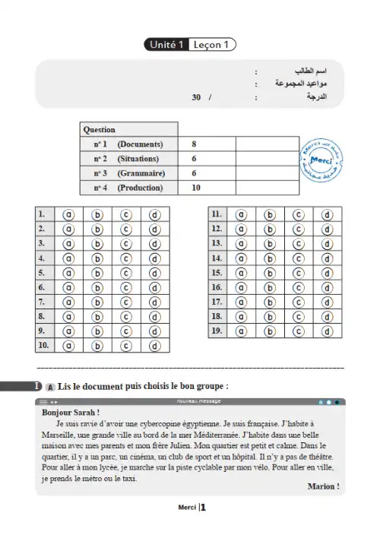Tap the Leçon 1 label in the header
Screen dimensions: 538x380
pos(211,45)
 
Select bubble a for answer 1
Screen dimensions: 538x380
pos(68,214)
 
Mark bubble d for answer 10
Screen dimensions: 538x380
pos(155,346)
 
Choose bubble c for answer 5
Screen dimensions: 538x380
pos(126,273)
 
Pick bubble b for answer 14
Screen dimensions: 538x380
pos(270,258)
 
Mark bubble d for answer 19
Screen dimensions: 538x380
pos(327,331)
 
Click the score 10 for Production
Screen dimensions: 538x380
pos(196,187)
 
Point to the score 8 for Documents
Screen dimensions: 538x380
pos(195,144)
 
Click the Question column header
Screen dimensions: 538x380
pos(100,129)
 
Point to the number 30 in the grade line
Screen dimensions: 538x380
pos(197,98)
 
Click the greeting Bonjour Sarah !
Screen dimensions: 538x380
pos(68,413)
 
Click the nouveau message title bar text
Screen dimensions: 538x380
pos(195,401)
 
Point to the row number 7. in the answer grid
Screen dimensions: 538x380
pos(43,302)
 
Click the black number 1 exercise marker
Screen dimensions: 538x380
pos(36,386)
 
